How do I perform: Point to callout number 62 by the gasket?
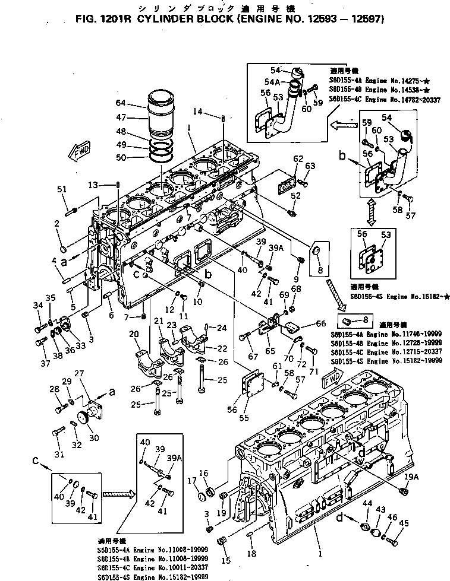298,158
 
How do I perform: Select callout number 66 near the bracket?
320,323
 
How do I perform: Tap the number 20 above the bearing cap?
134,334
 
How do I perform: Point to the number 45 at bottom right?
404,522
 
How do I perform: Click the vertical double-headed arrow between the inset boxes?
372,211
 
